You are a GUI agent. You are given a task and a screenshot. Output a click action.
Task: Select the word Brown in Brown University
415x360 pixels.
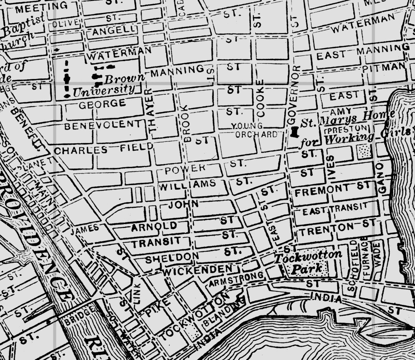click(124, 78)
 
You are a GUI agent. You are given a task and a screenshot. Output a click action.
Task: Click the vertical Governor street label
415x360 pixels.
click(292, 95)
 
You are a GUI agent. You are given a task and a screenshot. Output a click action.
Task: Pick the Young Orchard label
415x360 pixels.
click(255, 130)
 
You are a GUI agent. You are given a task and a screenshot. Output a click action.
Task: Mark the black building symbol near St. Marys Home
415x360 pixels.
click(295, 132)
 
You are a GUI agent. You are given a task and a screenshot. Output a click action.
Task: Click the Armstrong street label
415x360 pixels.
click(236, 279)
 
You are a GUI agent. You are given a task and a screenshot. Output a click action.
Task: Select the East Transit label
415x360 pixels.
click(335, 210)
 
